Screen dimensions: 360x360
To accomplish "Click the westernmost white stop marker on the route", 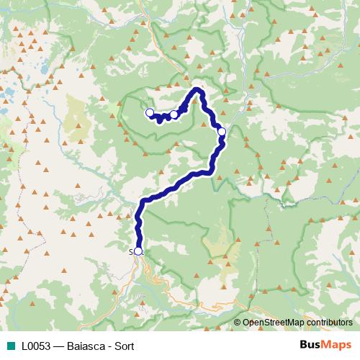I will coord(150,112).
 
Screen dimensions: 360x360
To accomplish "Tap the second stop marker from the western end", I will coord(174,114).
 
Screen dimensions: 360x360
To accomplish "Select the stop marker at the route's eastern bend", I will coord(222,131).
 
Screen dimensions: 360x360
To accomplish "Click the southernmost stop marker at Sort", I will coord(138,251).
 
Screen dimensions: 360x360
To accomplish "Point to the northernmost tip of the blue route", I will coord(197,89).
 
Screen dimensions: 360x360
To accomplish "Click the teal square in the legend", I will coord(9,346).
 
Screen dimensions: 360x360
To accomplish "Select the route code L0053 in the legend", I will coord(35,346).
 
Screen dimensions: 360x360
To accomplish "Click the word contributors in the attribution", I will coord(330,323).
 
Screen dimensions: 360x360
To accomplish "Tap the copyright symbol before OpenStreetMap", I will coord(238,323).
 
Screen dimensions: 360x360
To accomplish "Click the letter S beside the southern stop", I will coord(131,252).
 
